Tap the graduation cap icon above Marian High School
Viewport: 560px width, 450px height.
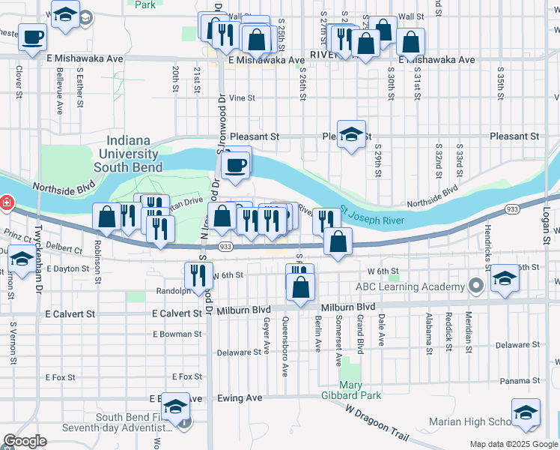[526, 412]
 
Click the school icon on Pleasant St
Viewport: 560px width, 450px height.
[351, 134]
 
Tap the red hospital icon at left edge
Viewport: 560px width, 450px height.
[4, 202]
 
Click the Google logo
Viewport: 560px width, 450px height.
[24, 441]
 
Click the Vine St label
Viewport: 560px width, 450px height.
[242, 97]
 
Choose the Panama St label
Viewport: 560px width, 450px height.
[515, 381]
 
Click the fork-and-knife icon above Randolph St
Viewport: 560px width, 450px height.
[199, 275]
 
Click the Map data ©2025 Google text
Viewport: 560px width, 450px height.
[512, 444]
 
